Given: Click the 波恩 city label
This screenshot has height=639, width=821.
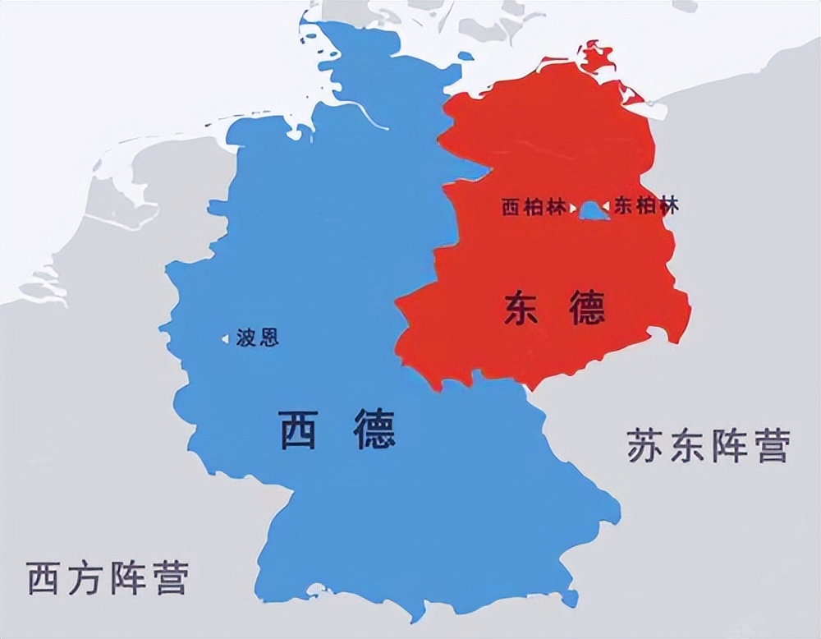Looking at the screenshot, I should [257, 338].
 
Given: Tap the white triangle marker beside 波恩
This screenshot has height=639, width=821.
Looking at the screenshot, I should [225, 338].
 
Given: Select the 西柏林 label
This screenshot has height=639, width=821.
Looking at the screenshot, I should [534, 207].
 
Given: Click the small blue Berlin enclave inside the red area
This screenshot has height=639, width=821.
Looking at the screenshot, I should [589, 212].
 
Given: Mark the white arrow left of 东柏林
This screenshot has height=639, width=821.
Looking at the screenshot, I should [608, 206].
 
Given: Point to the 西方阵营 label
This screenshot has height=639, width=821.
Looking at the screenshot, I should [108, 577].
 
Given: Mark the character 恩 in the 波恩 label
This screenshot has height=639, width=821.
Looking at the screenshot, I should [268, 338].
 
